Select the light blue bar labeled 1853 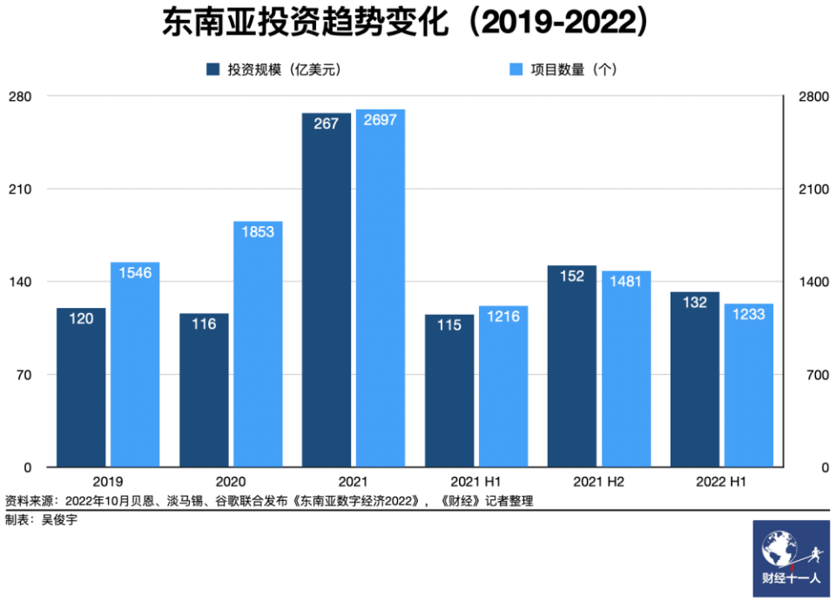(x=258, y=344)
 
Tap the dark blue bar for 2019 (x=81, y=387)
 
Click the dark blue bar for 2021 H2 (x=572, y=365)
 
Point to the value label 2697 (x=381, y=120)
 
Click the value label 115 (x=448, y=325)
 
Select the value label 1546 (x=135, y=273)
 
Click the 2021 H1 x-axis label (x=475, y=481)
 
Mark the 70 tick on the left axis (x=22, y=375)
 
